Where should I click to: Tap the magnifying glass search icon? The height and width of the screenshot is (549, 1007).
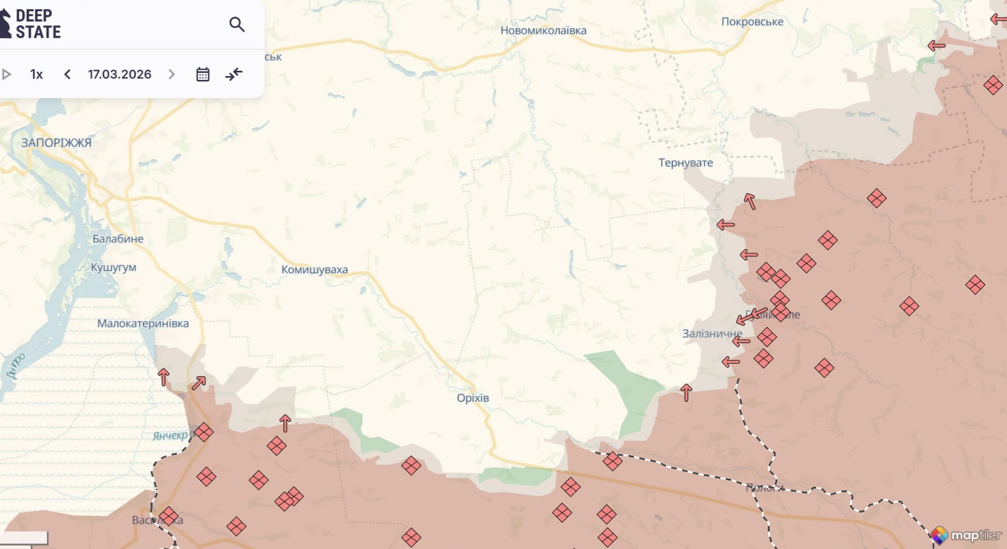(237, 24)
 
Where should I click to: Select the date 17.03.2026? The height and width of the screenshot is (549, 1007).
(119, 74)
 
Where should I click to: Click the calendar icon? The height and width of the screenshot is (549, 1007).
(202, 74)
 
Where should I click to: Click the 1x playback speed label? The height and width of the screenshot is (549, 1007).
(36, 74)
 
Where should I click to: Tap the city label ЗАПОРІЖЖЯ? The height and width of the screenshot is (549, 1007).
(56, 143)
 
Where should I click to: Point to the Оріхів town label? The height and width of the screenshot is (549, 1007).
(472, 398)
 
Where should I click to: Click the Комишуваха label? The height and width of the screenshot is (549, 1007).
(314, 270)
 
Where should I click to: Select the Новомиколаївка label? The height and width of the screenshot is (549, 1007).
(543, 31)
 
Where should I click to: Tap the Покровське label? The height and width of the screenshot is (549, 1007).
(752, 22)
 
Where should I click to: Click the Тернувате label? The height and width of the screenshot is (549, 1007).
(686, 163)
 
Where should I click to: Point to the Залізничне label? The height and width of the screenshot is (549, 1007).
(712, 334)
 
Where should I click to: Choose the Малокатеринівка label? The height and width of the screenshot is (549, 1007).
(142, 324)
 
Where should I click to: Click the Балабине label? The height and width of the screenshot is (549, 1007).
(118, 239)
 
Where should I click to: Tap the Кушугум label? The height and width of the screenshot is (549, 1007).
(114, 267)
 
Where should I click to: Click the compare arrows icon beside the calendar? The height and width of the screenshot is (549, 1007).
(234, 74)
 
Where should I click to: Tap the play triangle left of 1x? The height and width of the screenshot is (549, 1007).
(6, 74)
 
